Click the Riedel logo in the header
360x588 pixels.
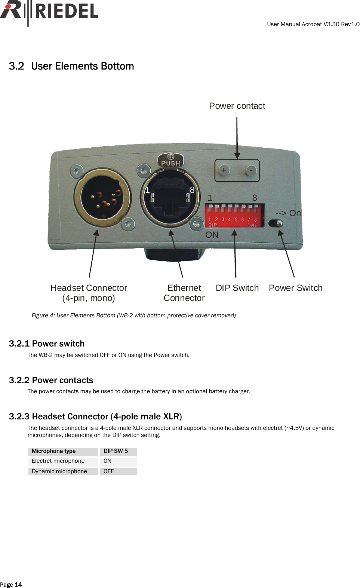point(49,11)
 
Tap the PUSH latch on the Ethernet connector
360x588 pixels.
point(170,160)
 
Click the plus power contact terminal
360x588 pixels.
point(224,170)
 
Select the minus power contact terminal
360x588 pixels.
point(251,170)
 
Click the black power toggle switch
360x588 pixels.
point(276,224)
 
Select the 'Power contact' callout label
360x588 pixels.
point(237,106)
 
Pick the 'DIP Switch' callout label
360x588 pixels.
point(237,288)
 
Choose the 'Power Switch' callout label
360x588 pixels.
point(295,288)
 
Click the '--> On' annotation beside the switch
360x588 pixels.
point(288,213)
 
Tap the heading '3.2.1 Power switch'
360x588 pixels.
point(47,344)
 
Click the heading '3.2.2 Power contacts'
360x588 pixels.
point(51,380)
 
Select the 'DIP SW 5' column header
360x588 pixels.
point(116,451)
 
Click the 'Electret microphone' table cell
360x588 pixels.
point(58,461)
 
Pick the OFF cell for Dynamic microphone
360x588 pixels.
point(109,471)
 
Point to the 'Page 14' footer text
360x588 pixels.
point(11,585)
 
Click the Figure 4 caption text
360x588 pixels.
point(133,315)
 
